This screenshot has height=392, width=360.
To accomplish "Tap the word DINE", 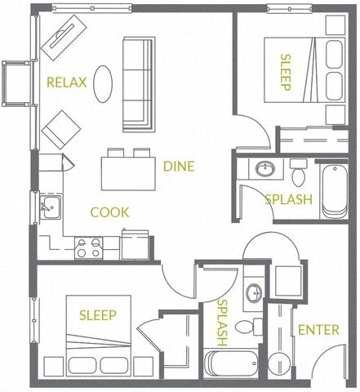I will coord(179,167).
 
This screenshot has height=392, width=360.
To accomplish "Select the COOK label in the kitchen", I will coord(109,212).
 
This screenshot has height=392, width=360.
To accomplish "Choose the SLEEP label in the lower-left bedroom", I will coord(97,315).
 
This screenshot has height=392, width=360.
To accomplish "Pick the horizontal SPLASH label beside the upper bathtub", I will coord(288,198).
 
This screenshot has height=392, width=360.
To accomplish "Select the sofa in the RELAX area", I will coord(138,84).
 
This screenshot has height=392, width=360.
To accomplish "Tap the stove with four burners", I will coord(87,246).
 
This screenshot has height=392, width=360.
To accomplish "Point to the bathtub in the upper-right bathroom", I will coord(334,192).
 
